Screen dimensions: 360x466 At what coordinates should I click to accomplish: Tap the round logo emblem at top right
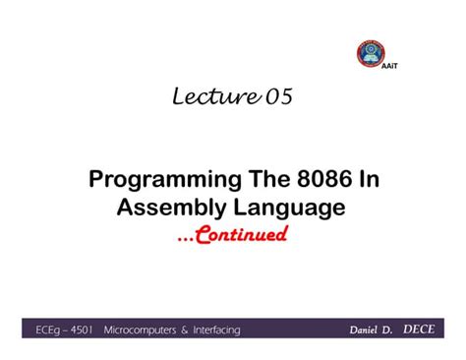[371, 53]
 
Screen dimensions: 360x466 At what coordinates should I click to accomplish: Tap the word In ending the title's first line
[369, 181]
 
